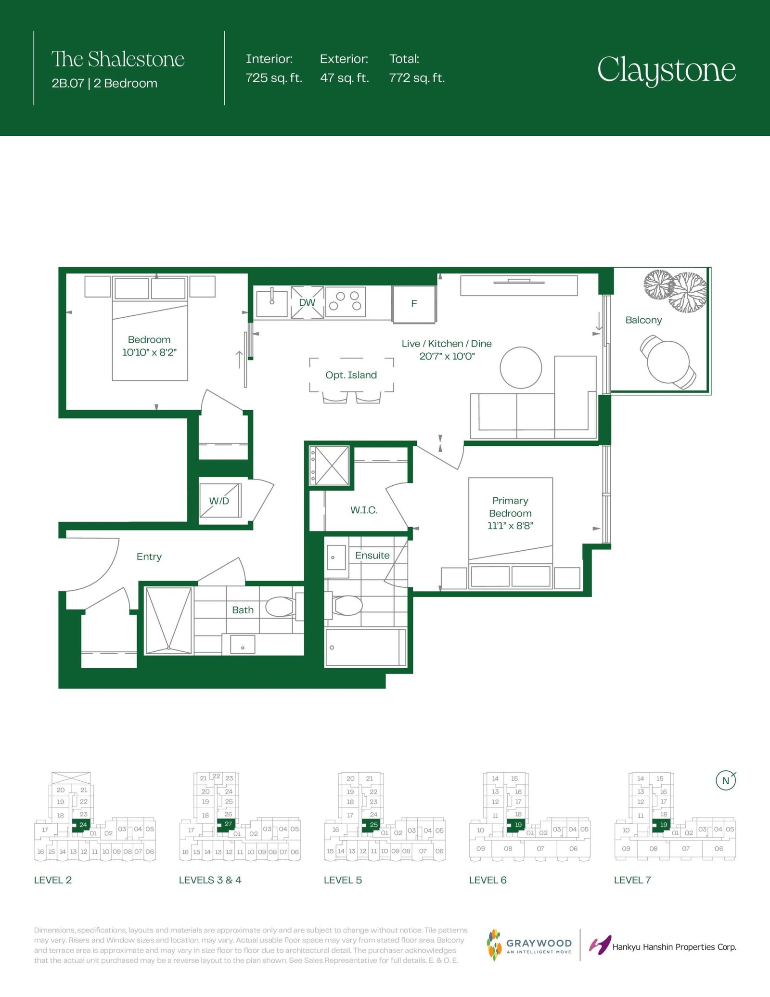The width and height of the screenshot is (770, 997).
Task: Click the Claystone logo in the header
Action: pos(667,70)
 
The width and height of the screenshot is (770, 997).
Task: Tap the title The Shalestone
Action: pos(118,59)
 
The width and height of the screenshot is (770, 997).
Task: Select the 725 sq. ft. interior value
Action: pos(274,78)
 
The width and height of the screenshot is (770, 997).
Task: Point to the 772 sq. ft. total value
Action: pos(417,78)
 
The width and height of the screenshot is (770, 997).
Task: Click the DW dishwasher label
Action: pos(307,302)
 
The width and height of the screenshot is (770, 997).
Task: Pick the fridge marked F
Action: pos(414,304)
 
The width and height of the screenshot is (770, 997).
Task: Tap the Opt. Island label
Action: pos(351,375)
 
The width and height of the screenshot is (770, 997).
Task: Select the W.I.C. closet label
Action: pos(364,510)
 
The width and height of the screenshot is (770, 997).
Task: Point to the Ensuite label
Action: pos(372,556)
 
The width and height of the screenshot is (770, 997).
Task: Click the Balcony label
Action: pos(643,320)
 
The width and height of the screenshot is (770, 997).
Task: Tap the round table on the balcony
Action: pos(668,362)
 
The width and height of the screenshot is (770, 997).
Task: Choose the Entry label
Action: pos(149,557)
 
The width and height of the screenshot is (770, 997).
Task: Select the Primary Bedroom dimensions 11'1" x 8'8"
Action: pos(510,526)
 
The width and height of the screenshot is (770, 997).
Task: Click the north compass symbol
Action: pos(726,780)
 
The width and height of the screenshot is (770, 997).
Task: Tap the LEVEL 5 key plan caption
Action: pos(343,880)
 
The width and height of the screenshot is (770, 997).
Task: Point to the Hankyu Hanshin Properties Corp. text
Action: pos(674,947)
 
